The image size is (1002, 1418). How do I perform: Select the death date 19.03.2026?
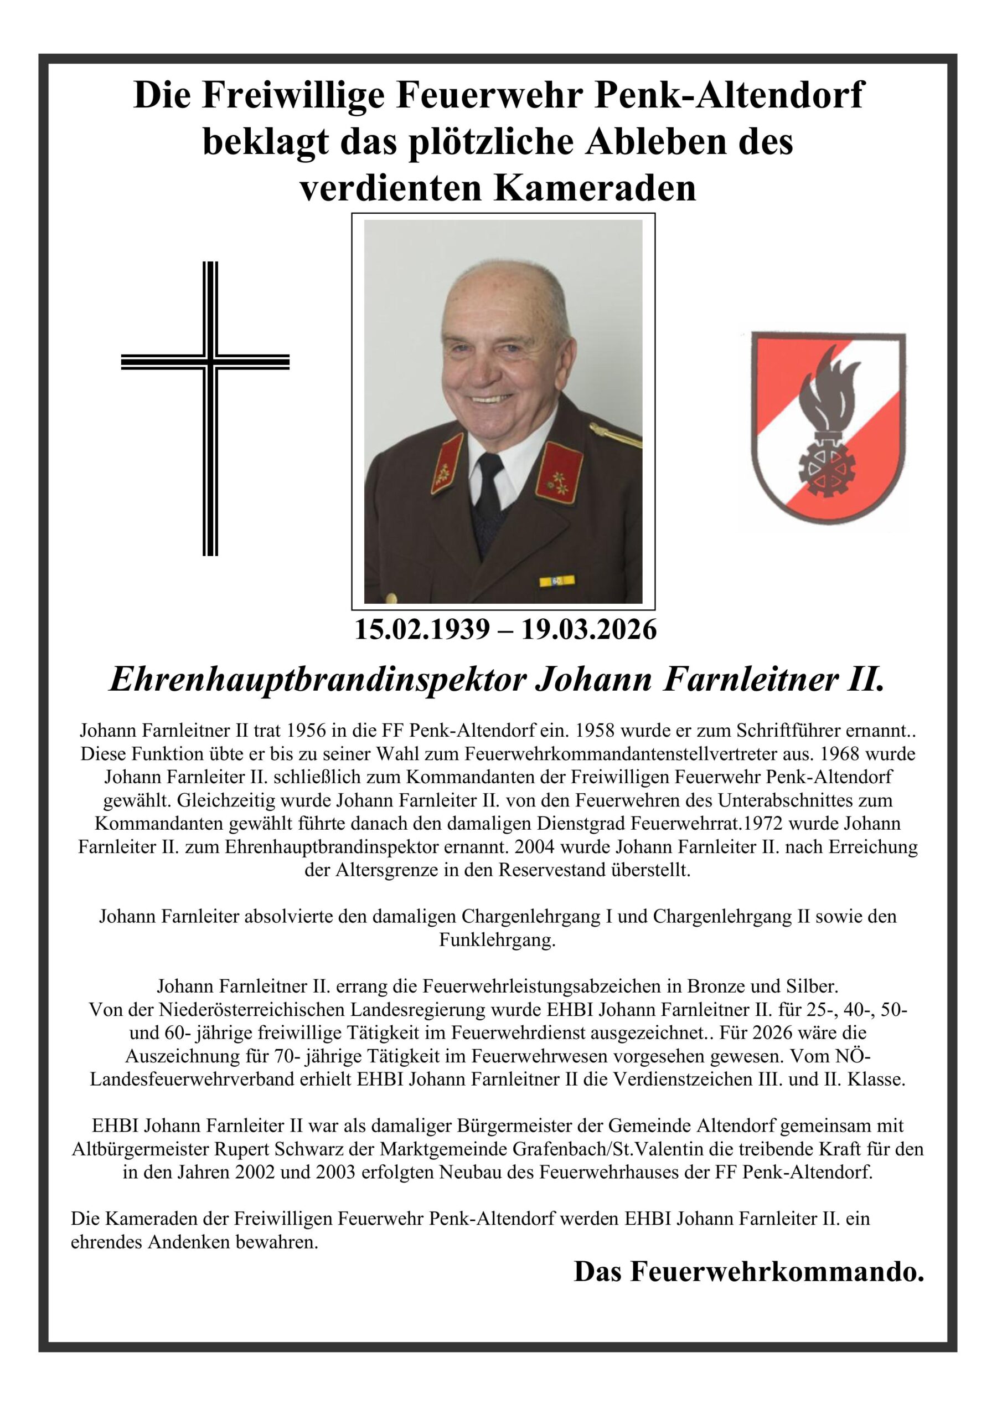tap(589, 630)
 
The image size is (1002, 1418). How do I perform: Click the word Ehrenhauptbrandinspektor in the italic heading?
tap(317, 681)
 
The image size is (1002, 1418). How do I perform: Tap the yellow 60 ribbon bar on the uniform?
tap(556, 580)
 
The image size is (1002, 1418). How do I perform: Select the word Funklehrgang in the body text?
tap(497, 940)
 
